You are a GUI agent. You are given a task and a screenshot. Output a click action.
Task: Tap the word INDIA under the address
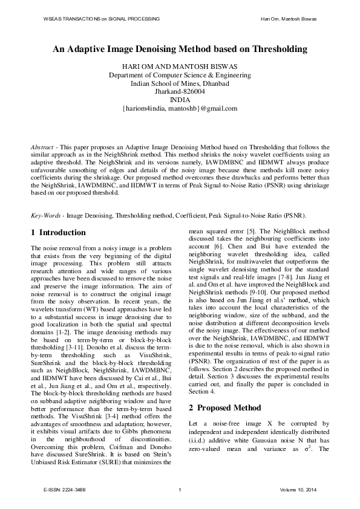[180, 100]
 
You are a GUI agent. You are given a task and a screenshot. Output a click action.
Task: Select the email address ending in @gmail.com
[180, 109]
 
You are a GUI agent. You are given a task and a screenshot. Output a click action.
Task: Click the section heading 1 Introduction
[58, 233]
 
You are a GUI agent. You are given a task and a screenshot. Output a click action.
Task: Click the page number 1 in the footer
[180, 488]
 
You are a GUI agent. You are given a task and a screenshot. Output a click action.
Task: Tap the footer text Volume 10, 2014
[298, 488]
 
